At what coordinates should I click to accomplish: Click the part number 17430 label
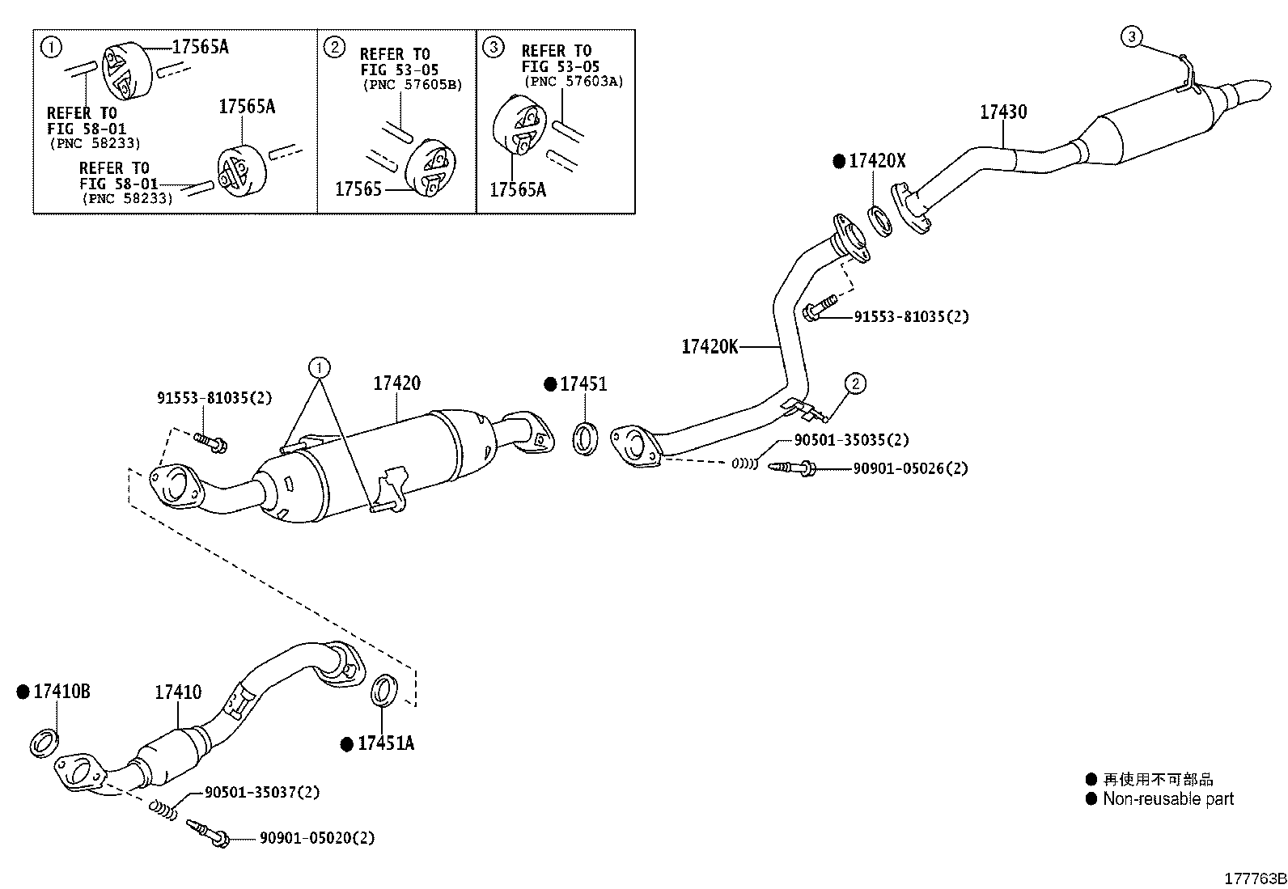[x=1002, y=112]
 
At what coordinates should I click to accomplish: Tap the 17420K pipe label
[x=710, y=347]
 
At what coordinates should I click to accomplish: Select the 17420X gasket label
[x=877, y=161]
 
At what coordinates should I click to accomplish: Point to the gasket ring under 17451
[x=586, y=438]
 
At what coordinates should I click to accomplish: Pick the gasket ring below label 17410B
[x=44, y=743]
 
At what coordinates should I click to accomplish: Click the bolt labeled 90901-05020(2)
[x=208, y=833]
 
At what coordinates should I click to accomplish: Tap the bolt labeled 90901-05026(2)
[x=792, y=468]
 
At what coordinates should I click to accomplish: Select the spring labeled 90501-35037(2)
[x=164, y=811]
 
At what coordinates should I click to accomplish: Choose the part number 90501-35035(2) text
[x=852, y=440]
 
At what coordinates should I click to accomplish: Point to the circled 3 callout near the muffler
[x=1132, y=36]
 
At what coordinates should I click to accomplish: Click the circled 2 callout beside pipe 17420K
[x=855, y=383]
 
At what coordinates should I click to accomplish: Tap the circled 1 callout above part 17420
[x=320, y=367]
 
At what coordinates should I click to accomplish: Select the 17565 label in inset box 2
[x=358, y=189]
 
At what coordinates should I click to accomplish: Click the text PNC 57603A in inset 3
[x=574, y=82]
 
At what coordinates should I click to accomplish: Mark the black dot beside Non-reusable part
[x=1091, y=798]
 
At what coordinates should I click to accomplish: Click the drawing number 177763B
[x=1256, y=878]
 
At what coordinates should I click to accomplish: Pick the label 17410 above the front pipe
[x=178, y=692]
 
